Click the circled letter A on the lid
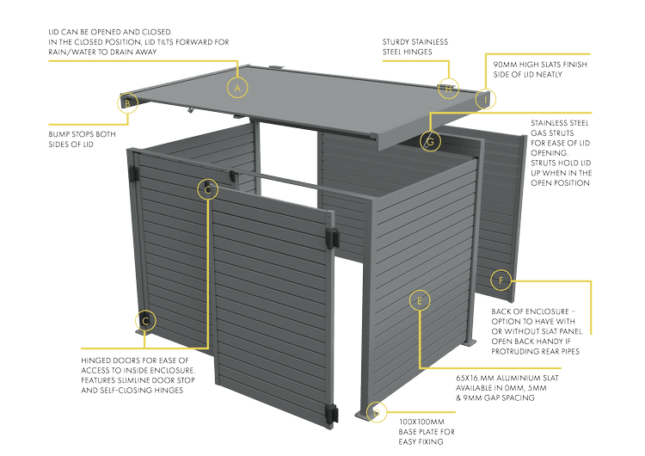pos(237,87)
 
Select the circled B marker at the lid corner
pos(126,103)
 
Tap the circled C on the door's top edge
pos(206,188)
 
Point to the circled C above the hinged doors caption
pos(145,321)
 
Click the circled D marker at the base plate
pos(375,412)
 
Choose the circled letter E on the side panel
pos(420,300)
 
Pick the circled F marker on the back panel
pos(501,280)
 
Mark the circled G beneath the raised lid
pos(430,140)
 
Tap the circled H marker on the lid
pos(447,87)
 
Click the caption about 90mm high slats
pos(538,69)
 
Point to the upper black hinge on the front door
pos(329,237)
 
